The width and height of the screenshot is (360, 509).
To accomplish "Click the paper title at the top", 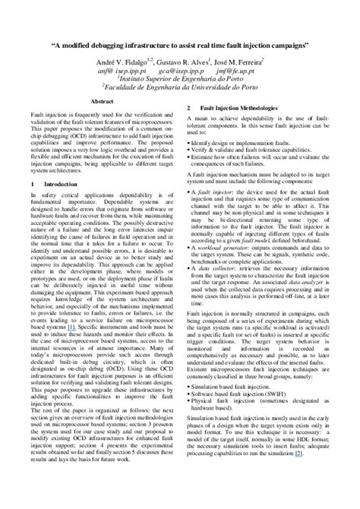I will pyautogui.click(x=180, y=45).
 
